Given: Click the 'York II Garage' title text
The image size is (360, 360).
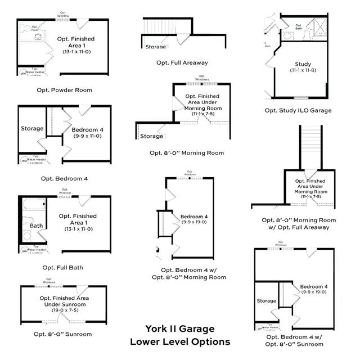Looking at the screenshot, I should click(180, 328).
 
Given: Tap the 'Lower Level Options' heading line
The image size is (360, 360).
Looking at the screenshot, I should click(180, 341).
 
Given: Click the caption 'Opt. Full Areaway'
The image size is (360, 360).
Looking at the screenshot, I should click(182, 62).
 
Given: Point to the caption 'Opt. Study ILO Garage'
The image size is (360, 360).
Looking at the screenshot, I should click(298, 110).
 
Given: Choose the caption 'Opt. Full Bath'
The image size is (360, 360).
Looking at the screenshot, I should click(62, 267).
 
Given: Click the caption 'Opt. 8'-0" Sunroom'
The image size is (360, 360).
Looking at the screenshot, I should click(62, 334).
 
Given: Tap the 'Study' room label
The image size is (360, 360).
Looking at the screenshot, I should click(303, 64).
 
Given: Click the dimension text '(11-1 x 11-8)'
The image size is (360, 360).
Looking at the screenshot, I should click(303, 71).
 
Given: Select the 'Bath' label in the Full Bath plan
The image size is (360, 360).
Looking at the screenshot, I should click(36, 226).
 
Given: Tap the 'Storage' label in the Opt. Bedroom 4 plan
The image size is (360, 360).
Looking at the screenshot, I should click(32, 129).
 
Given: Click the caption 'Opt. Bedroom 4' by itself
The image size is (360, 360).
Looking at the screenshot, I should click(65, 178).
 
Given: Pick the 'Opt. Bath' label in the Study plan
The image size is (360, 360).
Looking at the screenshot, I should click(299, 28).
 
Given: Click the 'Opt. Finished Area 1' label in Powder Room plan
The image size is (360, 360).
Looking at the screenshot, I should click(76, 42).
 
